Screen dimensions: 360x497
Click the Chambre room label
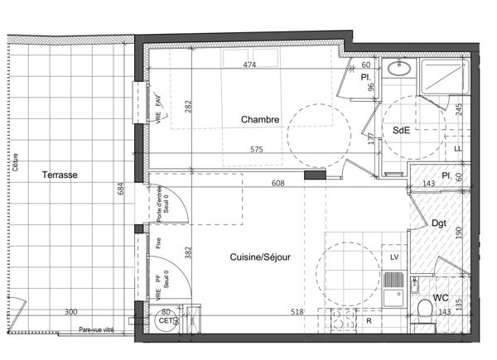tap(259, 120)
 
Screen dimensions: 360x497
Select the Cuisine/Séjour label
tap(260, 257)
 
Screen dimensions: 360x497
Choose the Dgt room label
tap(439, 223)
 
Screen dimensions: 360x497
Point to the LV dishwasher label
tap(394, 258)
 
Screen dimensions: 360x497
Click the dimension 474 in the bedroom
tap(248, 65)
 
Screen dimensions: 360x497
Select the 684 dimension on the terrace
tap(122, 191)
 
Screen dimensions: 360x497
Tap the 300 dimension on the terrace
tap(72, 312)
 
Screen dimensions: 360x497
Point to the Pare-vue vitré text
tap(97, 330)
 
